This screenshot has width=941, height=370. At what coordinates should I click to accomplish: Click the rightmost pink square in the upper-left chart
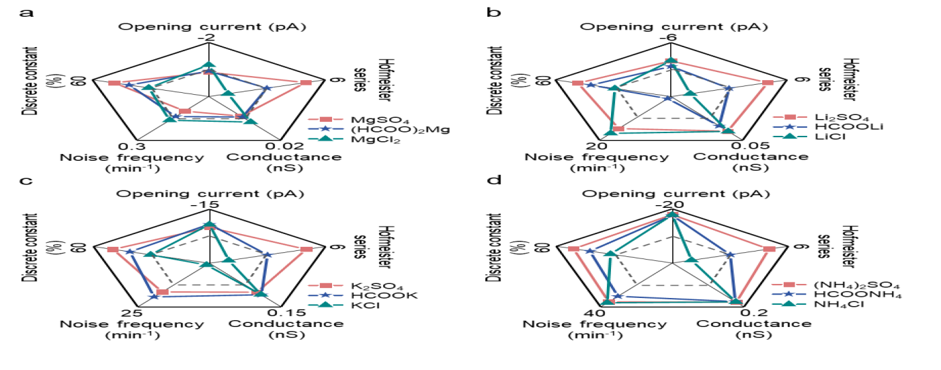(305, 83)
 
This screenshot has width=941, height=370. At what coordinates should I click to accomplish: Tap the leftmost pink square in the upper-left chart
(114, 83)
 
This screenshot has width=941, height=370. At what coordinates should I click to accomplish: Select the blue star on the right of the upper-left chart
(267, 88)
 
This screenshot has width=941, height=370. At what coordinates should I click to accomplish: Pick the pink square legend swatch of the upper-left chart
(325, 119)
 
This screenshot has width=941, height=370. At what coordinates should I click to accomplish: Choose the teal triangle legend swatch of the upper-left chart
(325, 139)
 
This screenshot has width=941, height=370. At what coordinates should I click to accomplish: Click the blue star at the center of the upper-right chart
(667, 98)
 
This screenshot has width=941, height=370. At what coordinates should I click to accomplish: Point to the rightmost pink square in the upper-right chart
(768, 83)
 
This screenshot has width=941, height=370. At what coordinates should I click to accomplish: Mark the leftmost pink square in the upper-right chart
(577, 83)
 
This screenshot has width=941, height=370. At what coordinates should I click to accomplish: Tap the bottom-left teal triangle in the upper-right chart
(611, 133)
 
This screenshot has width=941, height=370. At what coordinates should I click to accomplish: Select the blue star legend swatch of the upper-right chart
(790, 126)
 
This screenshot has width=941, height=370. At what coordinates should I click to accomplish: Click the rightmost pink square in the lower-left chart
(306, 250)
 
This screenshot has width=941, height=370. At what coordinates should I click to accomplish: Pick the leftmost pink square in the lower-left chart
(112, 250)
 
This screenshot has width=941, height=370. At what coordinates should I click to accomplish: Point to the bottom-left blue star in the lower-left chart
(154, 296)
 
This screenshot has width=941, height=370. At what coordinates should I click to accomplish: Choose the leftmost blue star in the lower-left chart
(130, 252)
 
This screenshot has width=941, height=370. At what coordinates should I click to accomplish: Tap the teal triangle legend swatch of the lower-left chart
(325, 305)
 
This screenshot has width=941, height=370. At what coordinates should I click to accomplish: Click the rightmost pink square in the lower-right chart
(770, 250)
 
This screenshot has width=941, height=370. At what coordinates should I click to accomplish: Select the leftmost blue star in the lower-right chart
(589, 251)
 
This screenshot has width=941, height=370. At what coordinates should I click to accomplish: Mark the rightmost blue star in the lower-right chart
(731, 255)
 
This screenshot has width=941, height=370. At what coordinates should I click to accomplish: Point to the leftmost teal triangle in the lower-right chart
(610, 254)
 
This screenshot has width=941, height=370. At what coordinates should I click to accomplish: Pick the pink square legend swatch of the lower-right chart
(789, 285)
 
